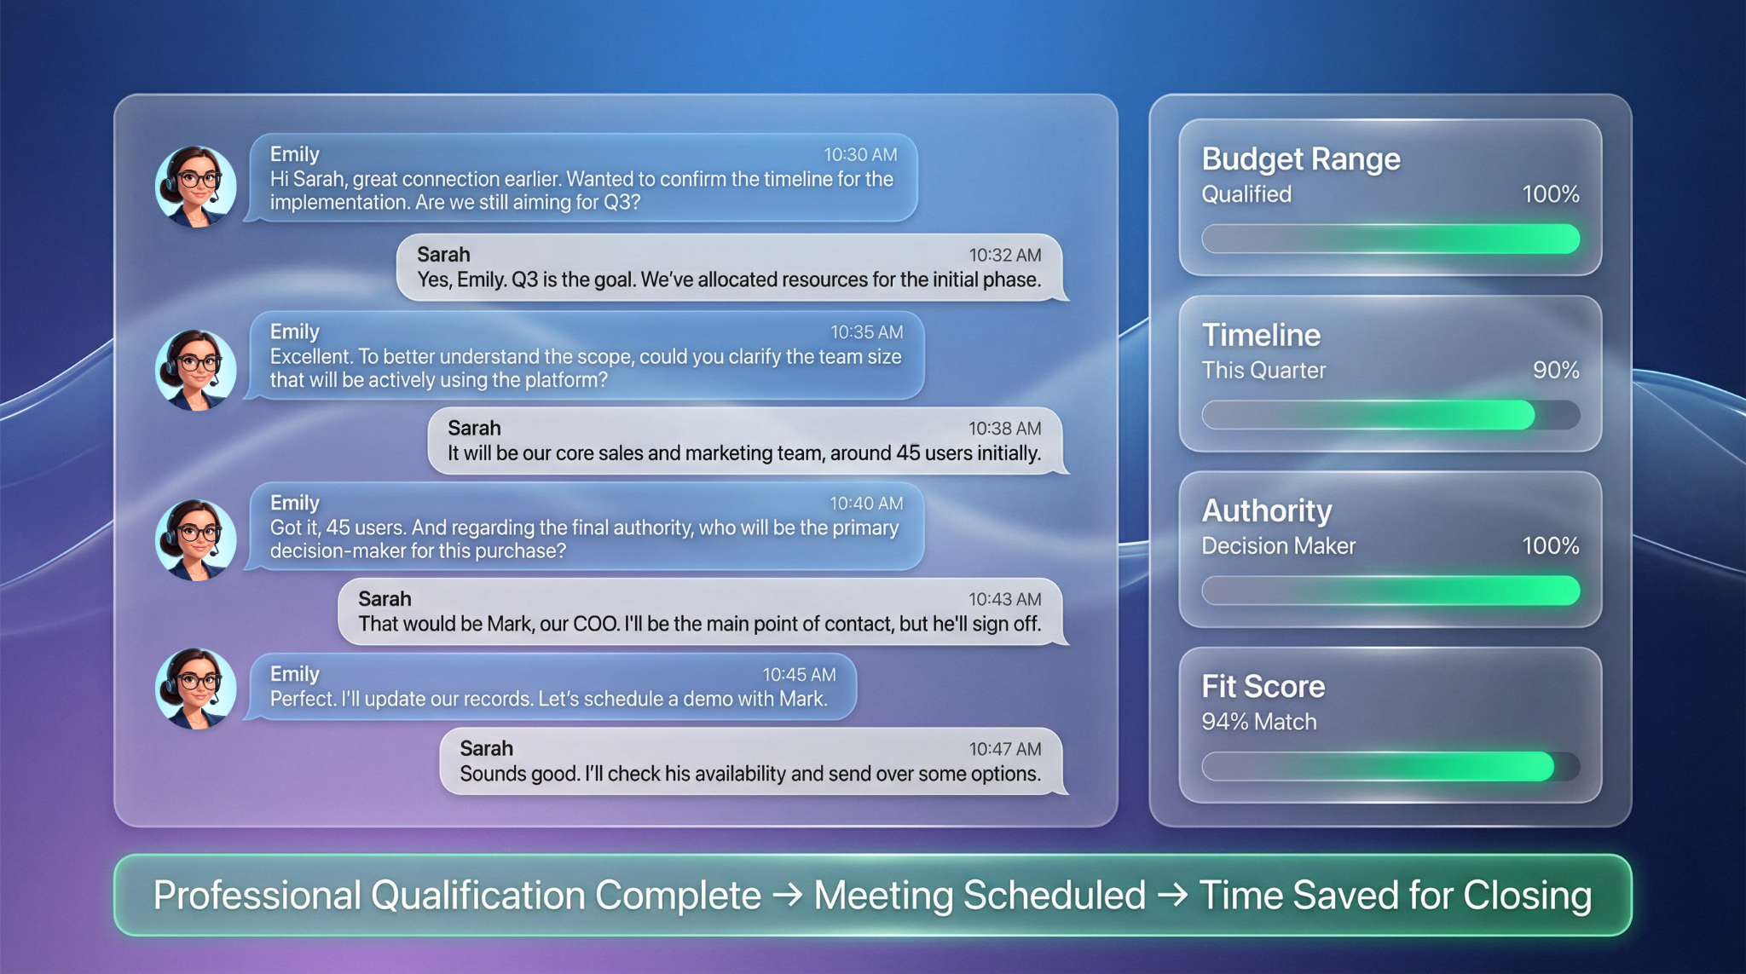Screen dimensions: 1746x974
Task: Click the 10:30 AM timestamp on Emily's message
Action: coord(860,154)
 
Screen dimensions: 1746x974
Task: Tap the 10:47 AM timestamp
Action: coord(1005,749)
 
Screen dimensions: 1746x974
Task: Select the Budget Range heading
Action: coord(1301,159)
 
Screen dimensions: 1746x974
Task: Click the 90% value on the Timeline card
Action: coord(1556,370)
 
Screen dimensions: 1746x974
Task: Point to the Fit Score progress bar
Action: coord(1390,766)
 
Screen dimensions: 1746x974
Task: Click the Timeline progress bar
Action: coord(1390,415)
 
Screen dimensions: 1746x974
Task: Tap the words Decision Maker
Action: coord(1278,546)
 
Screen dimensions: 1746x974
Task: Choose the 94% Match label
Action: coord(1259,722)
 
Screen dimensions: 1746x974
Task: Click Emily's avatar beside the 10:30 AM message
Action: coord(196,187)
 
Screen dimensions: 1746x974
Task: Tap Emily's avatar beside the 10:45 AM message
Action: coord(196,689)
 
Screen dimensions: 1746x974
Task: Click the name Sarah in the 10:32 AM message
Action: coord(443,255)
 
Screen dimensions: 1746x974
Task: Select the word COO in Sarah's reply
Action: coord(595,624)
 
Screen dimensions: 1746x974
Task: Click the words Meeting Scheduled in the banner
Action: coord(980,896)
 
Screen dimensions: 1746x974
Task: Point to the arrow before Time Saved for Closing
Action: coord(1172,896)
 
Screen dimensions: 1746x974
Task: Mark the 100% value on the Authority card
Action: coord(1551,545)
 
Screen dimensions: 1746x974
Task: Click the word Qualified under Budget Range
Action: coord(1246,194)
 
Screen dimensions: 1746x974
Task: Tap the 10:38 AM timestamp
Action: coord(1004,429)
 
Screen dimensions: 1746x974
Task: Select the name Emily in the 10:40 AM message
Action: coord(295,503)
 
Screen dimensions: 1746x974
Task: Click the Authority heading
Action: coord(1267,510)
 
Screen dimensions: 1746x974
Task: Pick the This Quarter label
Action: coord(1263,371)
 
